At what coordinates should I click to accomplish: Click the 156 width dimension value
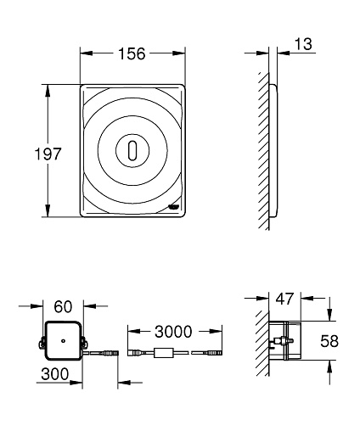(132, 53)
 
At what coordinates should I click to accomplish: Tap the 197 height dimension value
(48, 154)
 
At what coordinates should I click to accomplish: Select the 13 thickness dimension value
(303, 44)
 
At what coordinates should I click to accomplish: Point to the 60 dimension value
(63, 306)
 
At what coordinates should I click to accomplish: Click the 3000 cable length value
(173, 332)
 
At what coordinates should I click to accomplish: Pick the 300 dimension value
(55, 374)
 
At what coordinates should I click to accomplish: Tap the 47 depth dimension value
(285, 299)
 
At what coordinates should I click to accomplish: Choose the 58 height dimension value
(329, 341)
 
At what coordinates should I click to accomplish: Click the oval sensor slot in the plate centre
(132, 150)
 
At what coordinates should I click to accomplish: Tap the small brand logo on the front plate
(174, 207)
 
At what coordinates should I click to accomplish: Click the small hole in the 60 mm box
(63, 340)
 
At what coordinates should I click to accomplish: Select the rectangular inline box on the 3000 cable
(164, 353)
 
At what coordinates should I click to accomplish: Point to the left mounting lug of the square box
(42, 342)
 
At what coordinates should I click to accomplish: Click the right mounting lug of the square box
(85, 342)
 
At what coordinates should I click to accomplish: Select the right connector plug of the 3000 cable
(215, 353)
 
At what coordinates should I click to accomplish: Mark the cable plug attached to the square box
(111, 353)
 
